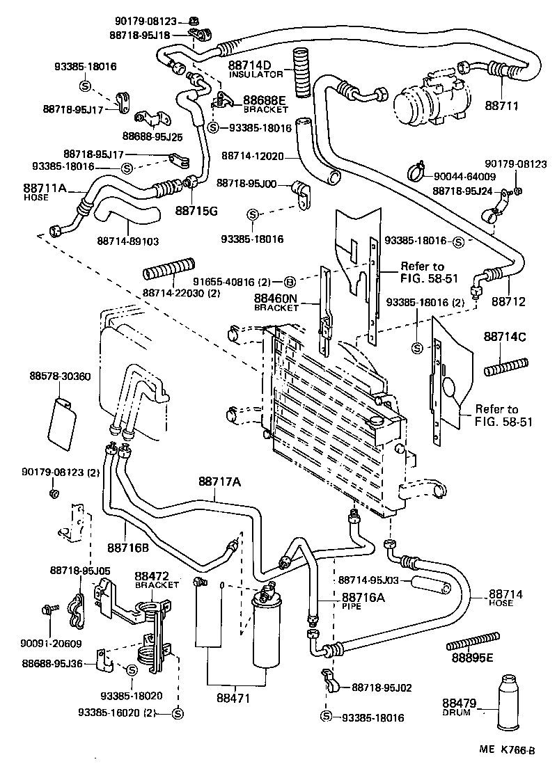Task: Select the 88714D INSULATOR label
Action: pos(255,68)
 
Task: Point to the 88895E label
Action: pos(471,658)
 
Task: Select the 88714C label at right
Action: pos(504,337)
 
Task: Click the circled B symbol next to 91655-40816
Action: pos(290,282)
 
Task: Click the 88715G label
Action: pos(196,209)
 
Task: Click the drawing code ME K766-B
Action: pos(506,750)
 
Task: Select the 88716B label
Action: pos(128,548)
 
